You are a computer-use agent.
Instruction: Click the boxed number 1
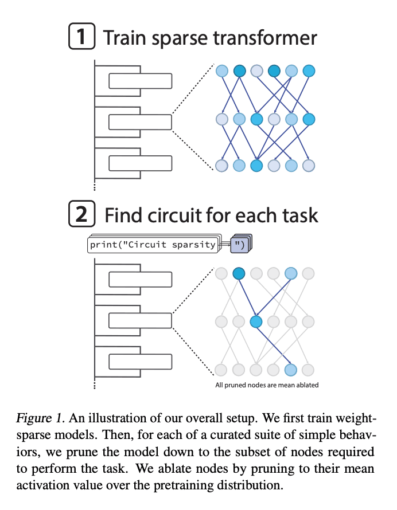pyautogui.click(x=81, y=38)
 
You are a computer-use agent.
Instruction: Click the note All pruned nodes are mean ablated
pyautogui.click(x=267, y=385)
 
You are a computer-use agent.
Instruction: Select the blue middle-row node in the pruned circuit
pyautogui.click(x=256, y=321)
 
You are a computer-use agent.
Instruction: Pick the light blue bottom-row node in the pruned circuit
pyautogui.click(x=291, y=369)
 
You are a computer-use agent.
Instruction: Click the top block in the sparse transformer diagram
pyautogui.click(x=140, y=81)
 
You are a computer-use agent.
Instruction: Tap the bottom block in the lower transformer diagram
pyautogui.click(x=140, y=362)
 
